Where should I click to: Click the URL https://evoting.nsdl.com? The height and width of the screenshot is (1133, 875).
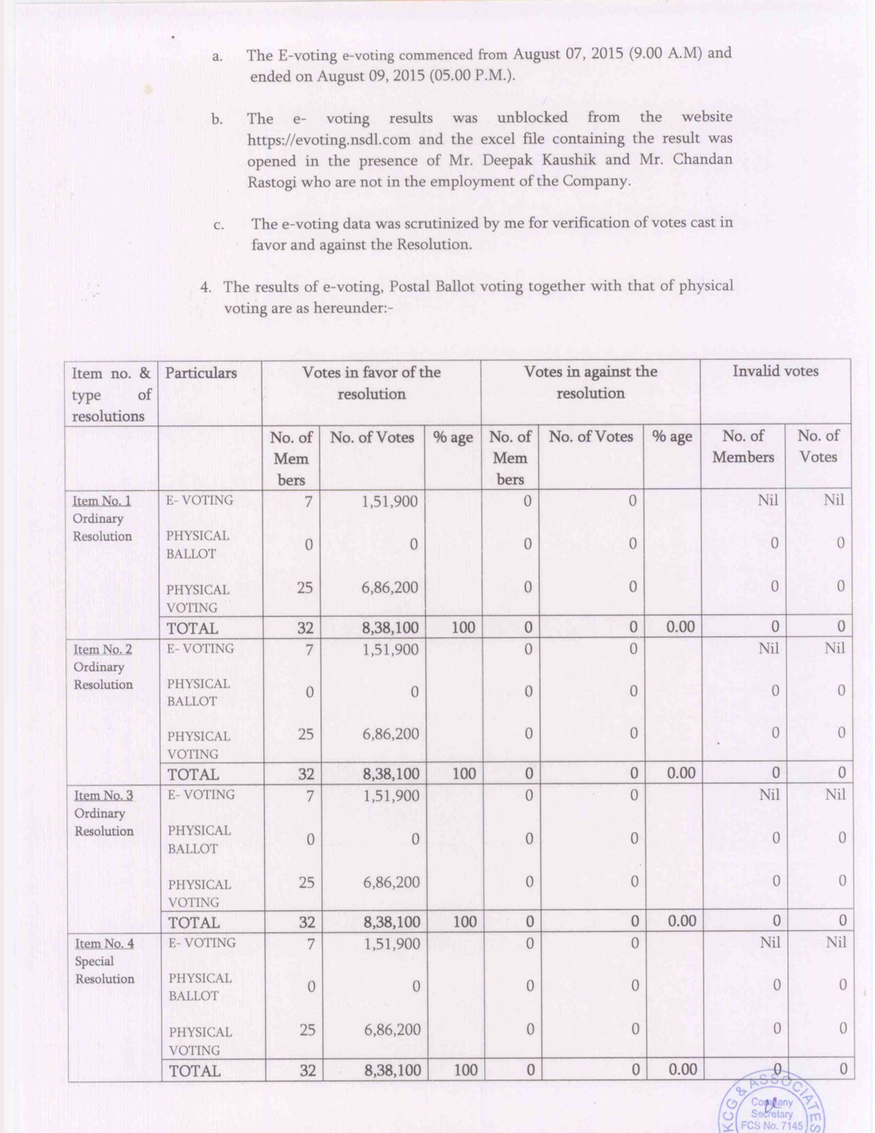click(329, 140)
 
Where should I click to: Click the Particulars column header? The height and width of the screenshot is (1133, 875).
click(200, 373)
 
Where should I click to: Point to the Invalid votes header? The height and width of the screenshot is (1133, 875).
click(774, 371)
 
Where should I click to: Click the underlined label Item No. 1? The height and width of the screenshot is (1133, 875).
click(101, 501)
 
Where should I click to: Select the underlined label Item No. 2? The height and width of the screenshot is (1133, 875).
click(102, 650)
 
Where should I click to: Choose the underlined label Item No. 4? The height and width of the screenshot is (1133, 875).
click(104, 944)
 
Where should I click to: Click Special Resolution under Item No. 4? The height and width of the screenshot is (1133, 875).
click(105, 970)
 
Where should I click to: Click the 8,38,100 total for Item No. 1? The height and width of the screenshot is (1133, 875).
click(390, 628)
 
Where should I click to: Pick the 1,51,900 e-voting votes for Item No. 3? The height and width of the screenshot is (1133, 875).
click(391, 796)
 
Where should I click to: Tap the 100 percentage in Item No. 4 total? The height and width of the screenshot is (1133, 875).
click(465, 1070)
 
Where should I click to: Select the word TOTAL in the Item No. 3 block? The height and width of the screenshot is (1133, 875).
click(194, 923)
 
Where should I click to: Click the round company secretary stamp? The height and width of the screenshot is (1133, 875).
click(772, 1104)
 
